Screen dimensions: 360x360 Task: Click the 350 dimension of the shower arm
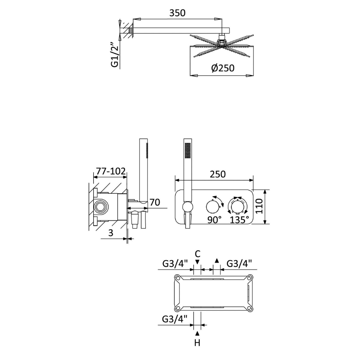click(177, 13)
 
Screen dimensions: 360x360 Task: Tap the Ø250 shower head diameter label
click(223, 68)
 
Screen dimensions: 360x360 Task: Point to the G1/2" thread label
click(114, 54)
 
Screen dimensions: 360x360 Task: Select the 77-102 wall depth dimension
click(111, 171)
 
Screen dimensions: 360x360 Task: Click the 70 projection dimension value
click(155, 202)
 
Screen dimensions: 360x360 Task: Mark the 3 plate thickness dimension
click(111, 233)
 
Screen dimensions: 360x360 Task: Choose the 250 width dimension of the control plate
click(218, 174)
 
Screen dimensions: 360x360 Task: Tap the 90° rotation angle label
click(215, 220)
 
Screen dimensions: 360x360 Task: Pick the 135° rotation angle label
click(239, 220)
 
